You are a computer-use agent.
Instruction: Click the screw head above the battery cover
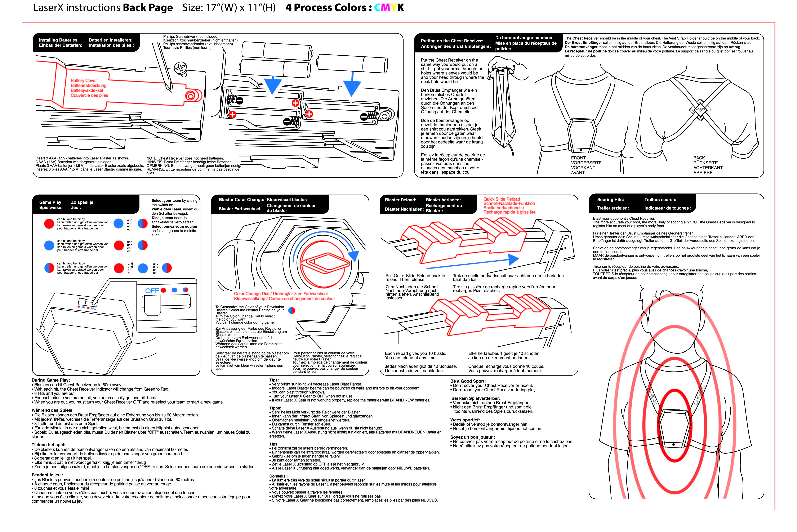click(x=181, y=68)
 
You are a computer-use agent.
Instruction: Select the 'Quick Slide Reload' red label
click(x=502, y=199)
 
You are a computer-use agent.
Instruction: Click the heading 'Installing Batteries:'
click(x=59, y=40)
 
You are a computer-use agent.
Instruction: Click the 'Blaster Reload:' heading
click(x=401, y=200)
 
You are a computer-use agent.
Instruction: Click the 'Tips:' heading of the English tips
click(x=274, y=380)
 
